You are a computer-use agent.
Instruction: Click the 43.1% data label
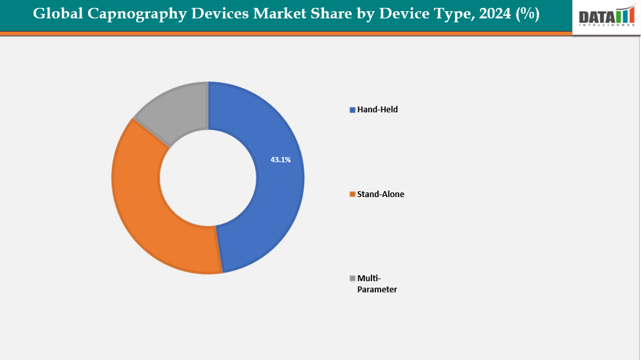(x=280, y=160)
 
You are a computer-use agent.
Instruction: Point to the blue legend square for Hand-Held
(x=352, y=110)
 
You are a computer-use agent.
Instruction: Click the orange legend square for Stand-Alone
(x=352, y=194)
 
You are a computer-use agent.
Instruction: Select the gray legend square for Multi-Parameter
(x=352, y=278)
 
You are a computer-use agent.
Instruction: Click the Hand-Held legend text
(x=377, y=110)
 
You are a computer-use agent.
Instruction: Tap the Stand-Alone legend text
(x=381, y=194)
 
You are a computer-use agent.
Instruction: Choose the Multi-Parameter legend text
(x=377, y=284)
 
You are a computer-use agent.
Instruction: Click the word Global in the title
(x=56, y=14)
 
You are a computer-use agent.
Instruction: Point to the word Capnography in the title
(x=130, y=14)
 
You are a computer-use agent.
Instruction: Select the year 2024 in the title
(x=493, y=14)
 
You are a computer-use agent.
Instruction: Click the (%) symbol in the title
(x=528, y=14)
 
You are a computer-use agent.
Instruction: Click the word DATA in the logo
(x=596, y=16)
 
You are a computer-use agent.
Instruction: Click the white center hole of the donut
(x=208, y=177)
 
